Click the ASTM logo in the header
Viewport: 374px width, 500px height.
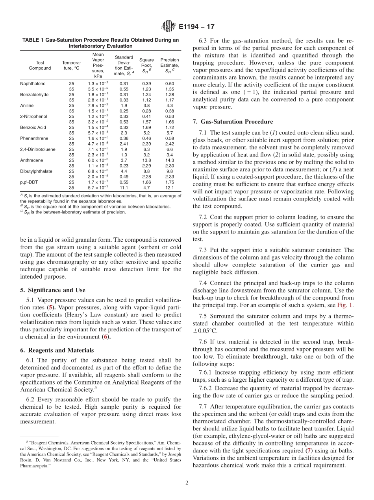tap(168, 27)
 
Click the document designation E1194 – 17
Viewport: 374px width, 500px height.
tap(196, 27)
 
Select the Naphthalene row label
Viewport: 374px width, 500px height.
tap(33, 84)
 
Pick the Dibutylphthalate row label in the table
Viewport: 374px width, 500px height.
tap(36, 171)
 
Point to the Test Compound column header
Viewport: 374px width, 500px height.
tap(40, 65)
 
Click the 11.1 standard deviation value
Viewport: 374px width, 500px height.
tap(124, 187)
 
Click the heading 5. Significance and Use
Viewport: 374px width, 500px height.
tap(52, 290)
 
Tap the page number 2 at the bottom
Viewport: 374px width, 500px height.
tap(187, 483)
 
